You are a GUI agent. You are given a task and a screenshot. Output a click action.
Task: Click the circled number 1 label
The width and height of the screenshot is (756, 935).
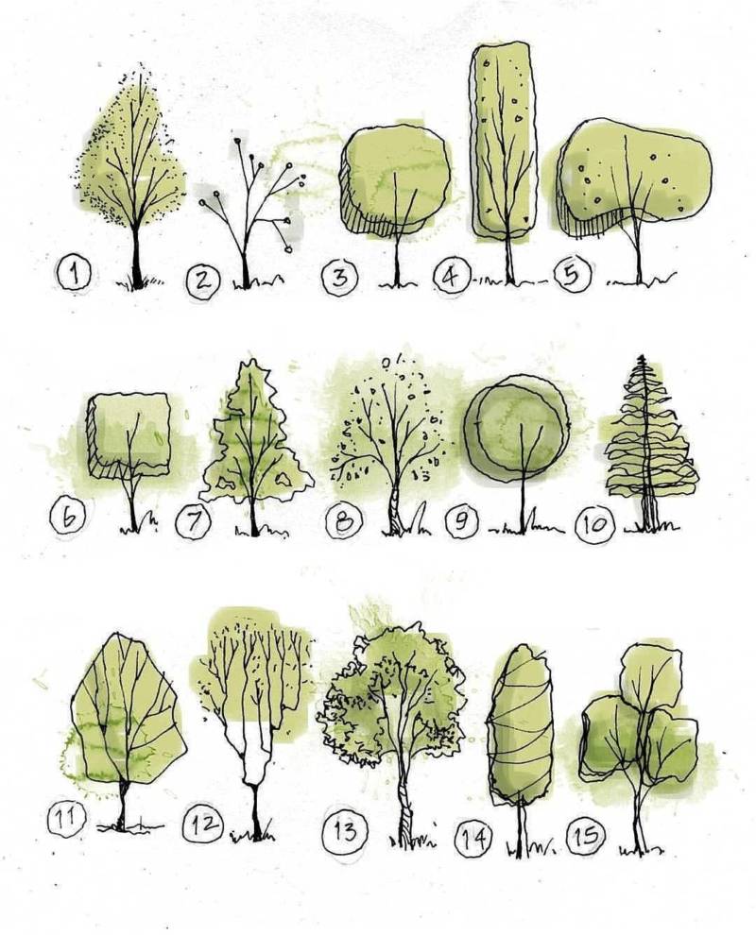(x=74, y=273)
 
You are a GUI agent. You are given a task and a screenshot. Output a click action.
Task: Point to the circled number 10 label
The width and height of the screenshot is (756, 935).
(x=595, y=525)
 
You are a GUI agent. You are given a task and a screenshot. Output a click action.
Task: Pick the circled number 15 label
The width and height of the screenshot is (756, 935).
(x=587, y=835)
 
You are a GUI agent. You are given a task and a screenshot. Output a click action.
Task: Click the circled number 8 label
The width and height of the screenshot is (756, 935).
(x=344, y=522)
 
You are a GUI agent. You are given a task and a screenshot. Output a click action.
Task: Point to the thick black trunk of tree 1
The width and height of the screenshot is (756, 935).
(x=137, y=256)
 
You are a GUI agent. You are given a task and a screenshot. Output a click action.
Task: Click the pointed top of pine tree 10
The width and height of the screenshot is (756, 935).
(x=642, y=359)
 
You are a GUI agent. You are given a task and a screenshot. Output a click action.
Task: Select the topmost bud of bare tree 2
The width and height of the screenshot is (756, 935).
(x=237, y=142)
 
